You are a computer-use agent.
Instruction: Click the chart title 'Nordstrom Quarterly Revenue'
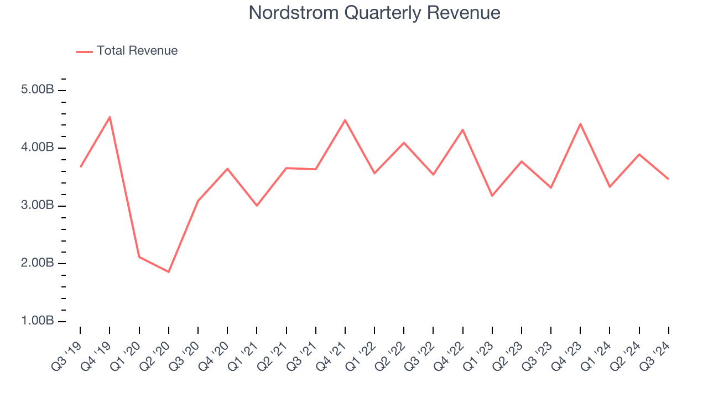click(x=374, y=13)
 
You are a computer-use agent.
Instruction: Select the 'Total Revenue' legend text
click(x=137, y=51)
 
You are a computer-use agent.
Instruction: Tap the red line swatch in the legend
click(x=85, y=51)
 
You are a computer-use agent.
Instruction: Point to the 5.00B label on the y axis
click(x=37, y=90)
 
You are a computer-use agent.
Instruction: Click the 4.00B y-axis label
click(x=37, y=148)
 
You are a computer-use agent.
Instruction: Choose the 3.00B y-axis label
click(x=37, y=206)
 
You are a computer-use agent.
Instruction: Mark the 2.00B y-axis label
click(x=37, y=263)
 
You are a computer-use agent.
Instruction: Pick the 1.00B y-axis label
click(x=37, y=321)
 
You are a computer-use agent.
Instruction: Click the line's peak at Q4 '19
click(x=110, y=117)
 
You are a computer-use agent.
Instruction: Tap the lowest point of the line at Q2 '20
click(x=168, y=272)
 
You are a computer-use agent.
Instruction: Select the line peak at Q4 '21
click(x=345, y=120)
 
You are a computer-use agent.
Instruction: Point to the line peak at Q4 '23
click(x=580, y=124)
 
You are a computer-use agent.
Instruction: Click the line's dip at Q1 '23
click(x=492, y=196)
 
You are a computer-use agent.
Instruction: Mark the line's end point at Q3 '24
click(x=668, y=179)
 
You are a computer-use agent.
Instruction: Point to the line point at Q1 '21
click(x=257, y=206)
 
